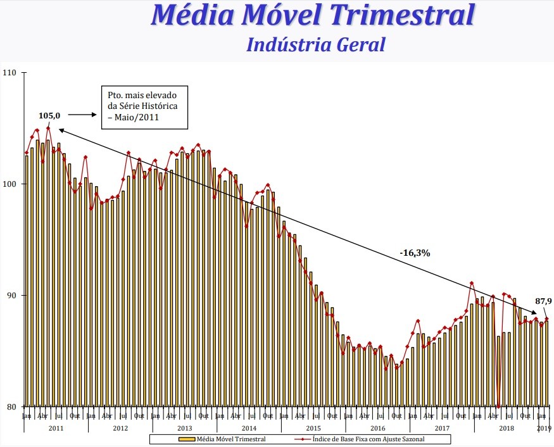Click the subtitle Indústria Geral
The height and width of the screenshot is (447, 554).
(315, 44)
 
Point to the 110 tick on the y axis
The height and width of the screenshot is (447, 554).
(10, 73)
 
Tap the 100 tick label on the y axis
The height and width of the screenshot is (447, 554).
(10, 184)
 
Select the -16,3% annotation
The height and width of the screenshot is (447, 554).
(415, 253)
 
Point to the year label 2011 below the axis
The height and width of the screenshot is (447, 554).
(56, 428)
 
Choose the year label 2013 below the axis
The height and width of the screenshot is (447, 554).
(185, 428)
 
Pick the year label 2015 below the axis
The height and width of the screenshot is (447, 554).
(313, 428)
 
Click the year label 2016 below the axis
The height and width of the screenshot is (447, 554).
(378, 428)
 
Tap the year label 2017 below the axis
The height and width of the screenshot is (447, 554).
(442, 428)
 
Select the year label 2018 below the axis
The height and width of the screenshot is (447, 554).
(506, 428)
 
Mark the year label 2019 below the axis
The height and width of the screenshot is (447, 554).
(544, 428)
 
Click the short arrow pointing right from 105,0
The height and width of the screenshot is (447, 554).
(81, 115)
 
